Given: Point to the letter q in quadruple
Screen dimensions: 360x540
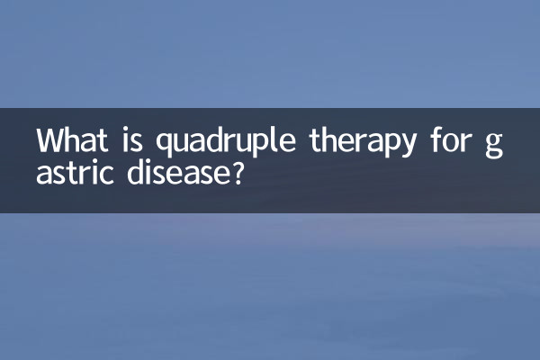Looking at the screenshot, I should click(x=165, y=146).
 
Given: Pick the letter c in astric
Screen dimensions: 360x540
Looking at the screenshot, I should click(x=105, y=173).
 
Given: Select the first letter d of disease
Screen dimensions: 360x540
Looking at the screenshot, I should click(x=130, y=170).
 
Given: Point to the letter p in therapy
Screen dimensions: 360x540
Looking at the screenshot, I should click(x=393, y=147).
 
